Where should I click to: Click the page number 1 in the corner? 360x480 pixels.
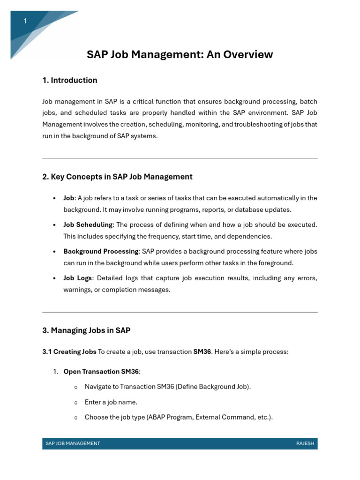25,22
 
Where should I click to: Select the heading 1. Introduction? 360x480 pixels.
70,80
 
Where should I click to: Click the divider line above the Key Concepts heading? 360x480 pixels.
180,158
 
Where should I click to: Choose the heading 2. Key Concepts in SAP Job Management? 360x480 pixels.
117,177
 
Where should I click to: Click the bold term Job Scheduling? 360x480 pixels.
88,225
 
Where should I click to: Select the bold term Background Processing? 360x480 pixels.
101,252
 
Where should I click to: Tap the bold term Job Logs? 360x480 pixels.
77,278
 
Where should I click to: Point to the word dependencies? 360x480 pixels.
250,236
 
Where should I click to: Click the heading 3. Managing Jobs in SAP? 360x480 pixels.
86,330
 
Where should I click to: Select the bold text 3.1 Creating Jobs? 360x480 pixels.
69,352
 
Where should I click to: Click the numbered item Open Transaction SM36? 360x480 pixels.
101,372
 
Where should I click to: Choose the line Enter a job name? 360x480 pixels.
111,402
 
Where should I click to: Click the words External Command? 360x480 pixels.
218,417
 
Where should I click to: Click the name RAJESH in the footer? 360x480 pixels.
305,443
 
